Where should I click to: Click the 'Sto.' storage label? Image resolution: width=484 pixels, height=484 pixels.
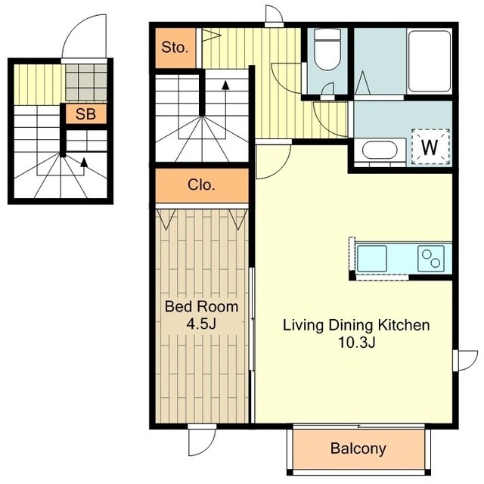pyautogui.click(x=175, y=48)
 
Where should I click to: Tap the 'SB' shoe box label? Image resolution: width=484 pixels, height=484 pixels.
pyautogui.click(x=85, y=114)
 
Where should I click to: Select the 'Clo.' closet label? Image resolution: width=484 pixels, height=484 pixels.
pyautogui.click(x=201, y=185)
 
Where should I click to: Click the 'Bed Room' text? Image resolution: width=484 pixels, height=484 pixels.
pyautogui.click(x=202, y=306)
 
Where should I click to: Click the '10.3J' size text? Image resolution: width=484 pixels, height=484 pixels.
pyautogui.click(x=357, y=343)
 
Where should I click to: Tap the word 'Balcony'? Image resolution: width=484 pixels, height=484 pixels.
pyautogui.click(x=358, y=448)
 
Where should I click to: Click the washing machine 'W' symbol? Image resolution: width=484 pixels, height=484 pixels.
pyautogui.click(x=430, y=147)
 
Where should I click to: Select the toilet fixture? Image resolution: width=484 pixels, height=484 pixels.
pyautogui.click(x=327, y=49)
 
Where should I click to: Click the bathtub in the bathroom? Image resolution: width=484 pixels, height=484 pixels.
pyautogui.click(x=429, y=61)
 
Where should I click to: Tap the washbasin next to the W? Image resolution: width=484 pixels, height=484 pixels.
pyautogui.click(x=380, y=151)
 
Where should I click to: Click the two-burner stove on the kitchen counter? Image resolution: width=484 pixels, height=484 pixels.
pyautogui.click(x=431, y=259)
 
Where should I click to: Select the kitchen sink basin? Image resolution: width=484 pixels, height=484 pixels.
pyautogui.click(x=372, y=259)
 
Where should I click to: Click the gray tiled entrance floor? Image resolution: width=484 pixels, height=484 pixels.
pyautogui.click(x=86, y=82)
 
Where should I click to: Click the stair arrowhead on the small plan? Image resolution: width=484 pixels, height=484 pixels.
pyautogui.click(x=84, y=162)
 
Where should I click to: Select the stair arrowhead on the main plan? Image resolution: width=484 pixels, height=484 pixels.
pyautogui.click(x=225, y=85)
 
